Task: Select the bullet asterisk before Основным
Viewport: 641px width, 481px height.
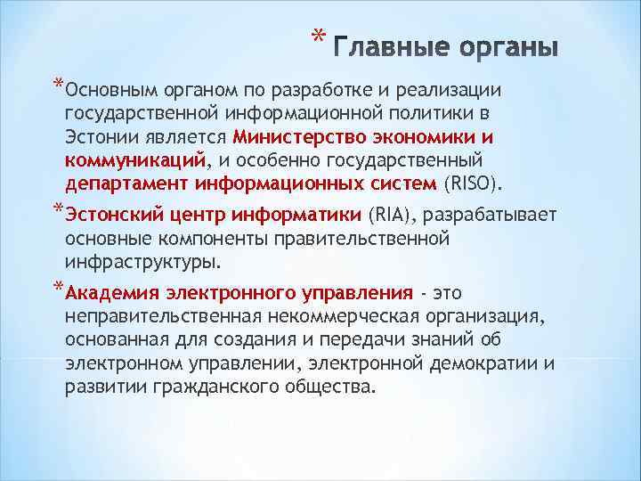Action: [58, 86]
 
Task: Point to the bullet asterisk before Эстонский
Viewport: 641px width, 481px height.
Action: [58, 210]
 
